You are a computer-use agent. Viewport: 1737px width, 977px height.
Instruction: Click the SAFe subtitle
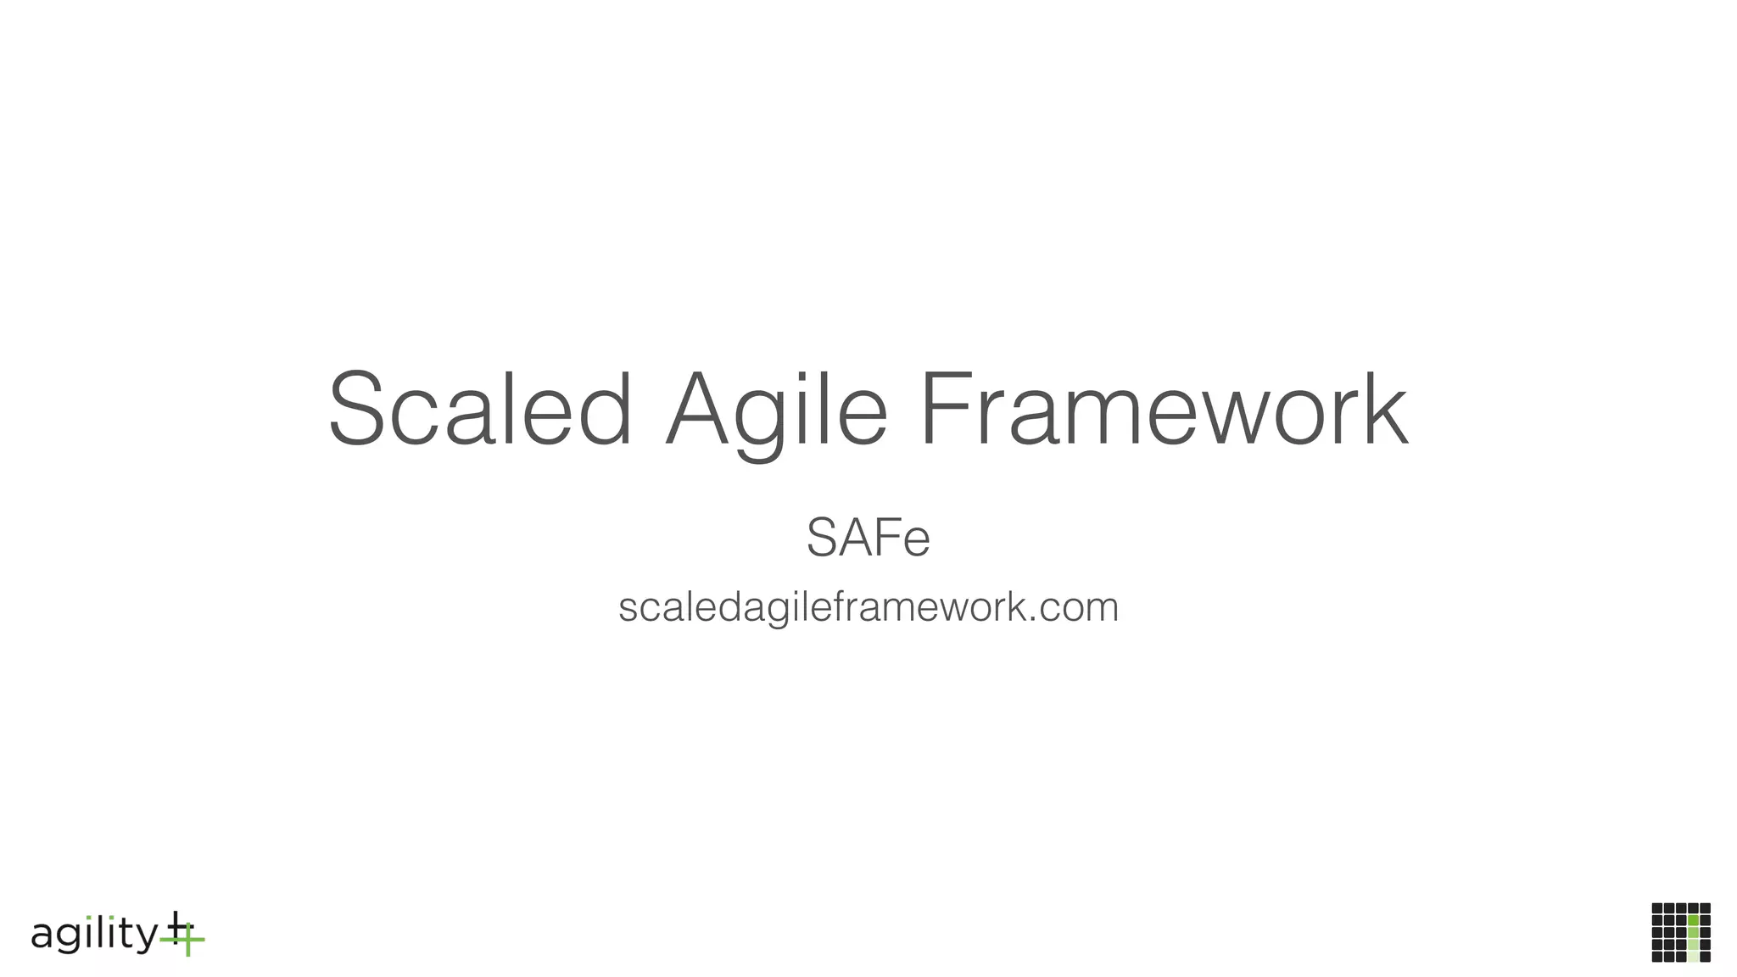[x=868, y=538]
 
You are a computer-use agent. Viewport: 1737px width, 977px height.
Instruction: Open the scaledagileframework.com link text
[x=868, y=607]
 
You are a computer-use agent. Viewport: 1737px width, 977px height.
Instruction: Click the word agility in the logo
[x=93, y=935]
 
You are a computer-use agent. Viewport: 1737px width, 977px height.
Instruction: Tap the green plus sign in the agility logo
[x=187, y=940]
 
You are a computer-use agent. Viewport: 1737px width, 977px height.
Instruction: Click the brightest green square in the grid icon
[x=1693, y=920]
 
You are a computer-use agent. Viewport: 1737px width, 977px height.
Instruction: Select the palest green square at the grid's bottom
[x=1693, y=957]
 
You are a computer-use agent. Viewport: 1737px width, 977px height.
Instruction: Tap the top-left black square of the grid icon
[x=1657, y=908]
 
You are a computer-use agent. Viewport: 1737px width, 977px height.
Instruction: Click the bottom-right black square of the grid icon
[x=1705, y=957]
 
